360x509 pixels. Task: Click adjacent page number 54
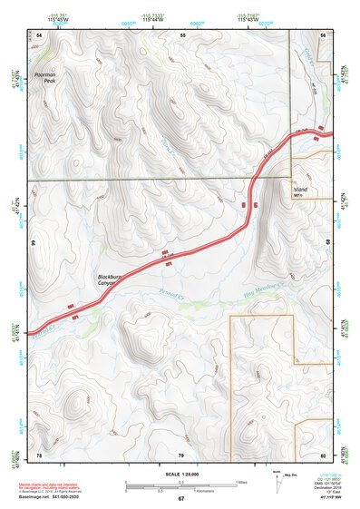click(x=39, y=34)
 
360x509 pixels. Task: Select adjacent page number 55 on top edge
click(x=181, y=34)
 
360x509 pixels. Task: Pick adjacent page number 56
click(x=323, y=34)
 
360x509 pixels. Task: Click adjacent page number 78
click(x=39, y=454)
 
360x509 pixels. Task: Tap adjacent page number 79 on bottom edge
click(x=181, y=454)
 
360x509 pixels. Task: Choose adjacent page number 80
click(x=323, y=454)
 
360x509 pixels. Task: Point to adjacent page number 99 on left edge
click(x=34, y=243)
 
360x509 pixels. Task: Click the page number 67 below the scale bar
click(x=181, y=499)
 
